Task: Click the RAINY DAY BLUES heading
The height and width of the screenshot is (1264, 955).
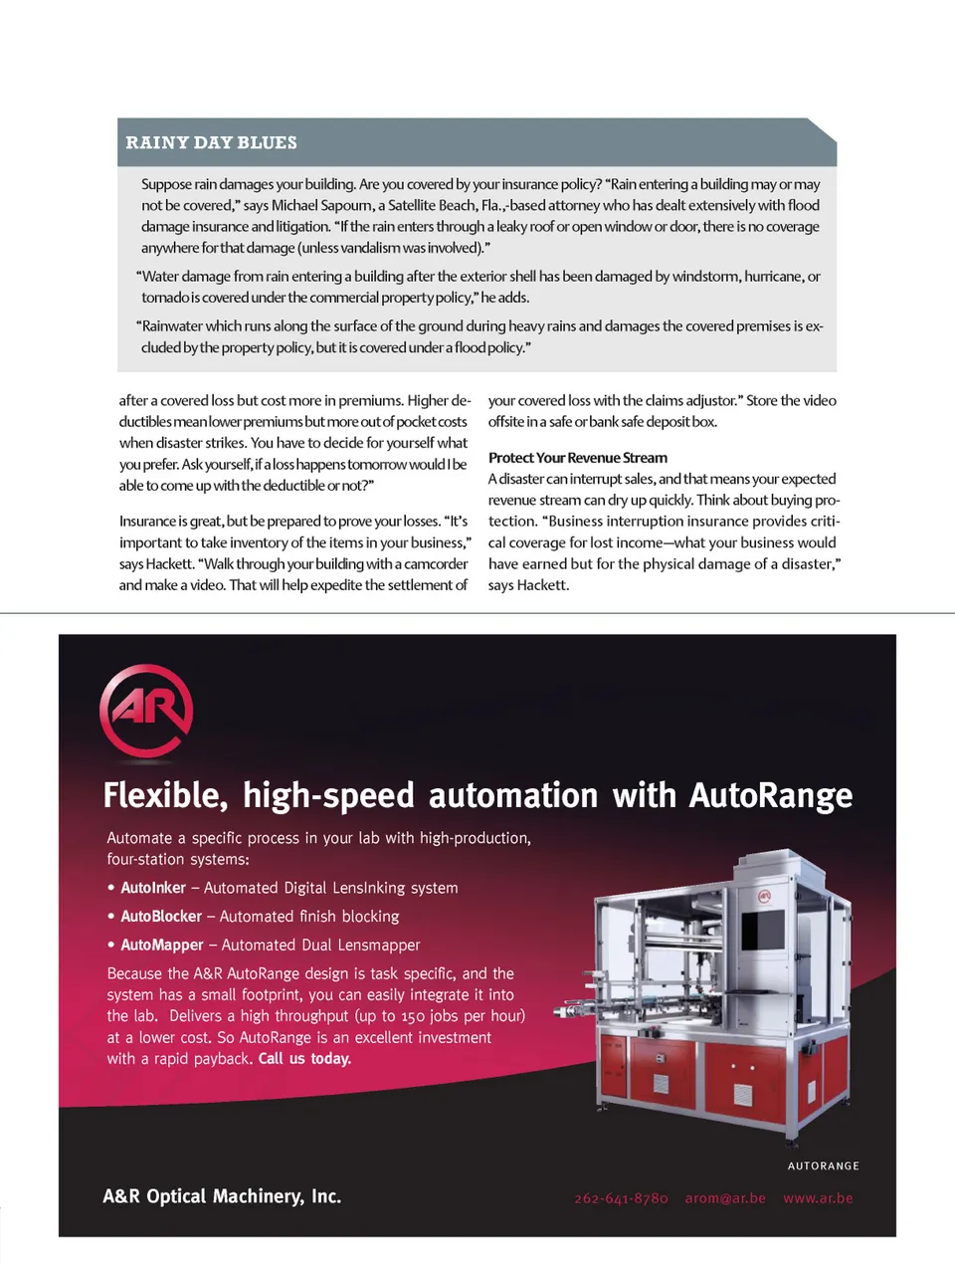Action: pos(211,142)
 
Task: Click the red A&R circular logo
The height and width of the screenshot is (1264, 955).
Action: pos(146,710)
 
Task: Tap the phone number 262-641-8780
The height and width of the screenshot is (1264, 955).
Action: pos(621,1198)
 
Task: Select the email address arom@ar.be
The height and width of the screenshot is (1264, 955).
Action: pos(725,1198)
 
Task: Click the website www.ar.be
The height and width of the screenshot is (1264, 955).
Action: pos(818,1198)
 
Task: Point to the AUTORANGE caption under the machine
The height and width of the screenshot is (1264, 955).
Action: pos(823,1165)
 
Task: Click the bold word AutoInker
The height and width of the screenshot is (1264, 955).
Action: pos(153,888)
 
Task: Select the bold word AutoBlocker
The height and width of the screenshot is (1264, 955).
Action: pos(161,917)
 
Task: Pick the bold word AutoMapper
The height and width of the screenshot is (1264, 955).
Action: pos(162,946)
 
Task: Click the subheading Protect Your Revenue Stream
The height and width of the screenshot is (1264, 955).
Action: pos(578,458)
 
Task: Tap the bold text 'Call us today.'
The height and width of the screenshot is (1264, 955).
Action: pos(304,1059)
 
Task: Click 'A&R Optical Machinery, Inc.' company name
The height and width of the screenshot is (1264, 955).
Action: pos(222,1196)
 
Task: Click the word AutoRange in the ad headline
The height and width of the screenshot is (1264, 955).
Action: pos(771,796)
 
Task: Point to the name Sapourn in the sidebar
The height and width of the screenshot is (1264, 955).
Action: pos(346,206)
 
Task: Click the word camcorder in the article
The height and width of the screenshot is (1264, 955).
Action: pos(435,564)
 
